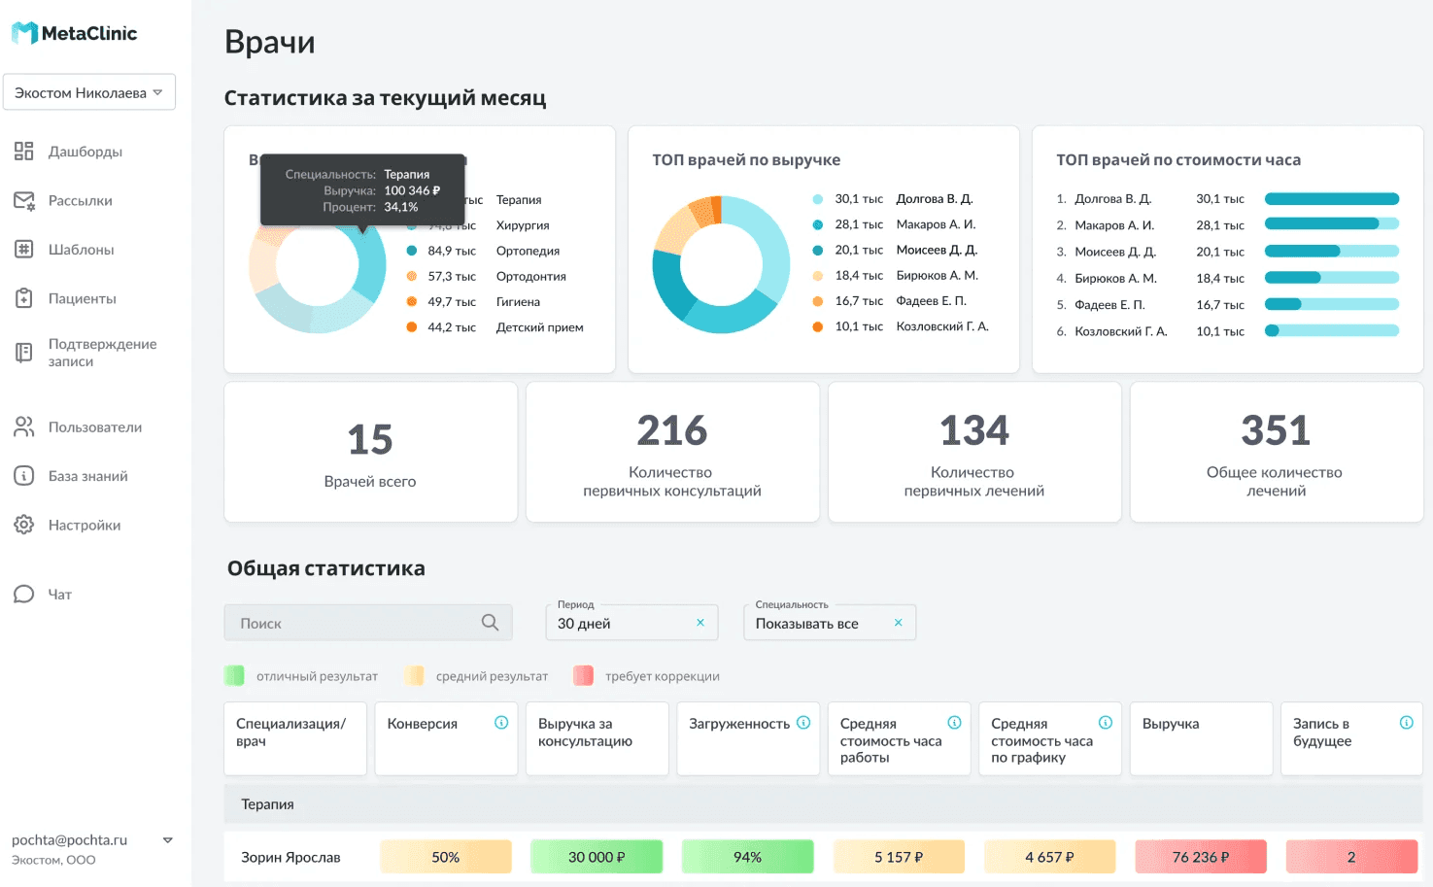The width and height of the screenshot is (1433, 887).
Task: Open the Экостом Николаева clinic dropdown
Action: [89, 92]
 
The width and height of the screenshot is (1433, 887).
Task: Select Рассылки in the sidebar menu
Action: [80, 200]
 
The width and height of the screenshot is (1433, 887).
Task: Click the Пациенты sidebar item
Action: [82, 298]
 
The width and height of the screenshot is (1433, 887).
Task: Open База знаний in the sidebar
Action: [87, 476]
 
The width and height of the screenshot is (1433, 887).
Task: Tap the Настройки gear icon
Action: [24, 525]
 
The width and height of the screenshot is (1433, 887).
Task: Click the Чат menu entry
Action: [59, 594]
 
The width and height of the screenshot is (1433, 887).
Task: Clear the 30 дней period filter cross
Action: [699, 623]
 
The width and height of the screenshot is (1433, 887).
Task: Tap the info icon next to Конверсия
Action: [501, 723]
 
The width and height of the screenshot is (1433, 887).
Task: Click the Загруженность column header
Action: [738, 724]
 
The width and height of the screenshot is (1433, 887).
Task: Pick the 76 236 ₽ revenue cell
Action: [1200, 857]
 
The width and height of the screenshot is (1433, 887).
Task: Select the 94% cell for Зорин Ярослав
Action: [747, 857]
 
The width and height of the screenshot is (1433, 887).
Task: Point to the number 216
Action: [671, 430]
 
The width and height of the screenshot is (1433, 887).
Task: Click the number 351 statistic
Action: [1276, 430]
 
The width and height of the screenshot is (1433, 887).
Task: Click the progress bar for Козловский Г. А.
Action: [1331, 331]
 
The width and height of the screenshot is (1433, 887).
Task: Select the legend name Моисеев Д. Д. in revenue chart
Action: [936, 250]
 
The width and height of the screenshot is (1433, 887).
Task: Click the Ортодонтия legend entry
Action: [530, 276]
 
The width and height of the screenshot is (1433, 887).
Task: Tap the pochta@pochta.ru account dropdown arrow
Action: [167, 840]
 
